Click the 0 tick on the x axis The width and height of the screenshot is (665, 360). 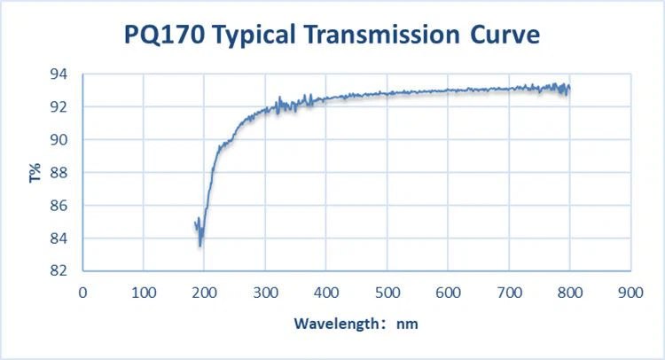click(83, 290)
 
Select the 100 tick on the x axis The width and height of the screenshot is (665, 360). click(144, 290)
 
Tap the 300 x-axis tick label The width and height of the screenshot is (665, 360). click(265, 290)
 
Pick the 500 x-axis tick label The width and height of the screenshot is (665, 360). click(387, 290)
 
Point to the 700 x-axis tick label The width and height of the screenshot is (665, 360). click(509, 290)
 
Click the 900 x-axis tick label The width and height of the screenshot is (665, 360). click(630, 290)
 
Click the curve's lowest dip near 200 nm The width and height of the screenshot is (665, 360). click(200, 246)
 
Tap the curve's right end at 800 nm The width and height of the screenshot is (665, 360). click(568, 89)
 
